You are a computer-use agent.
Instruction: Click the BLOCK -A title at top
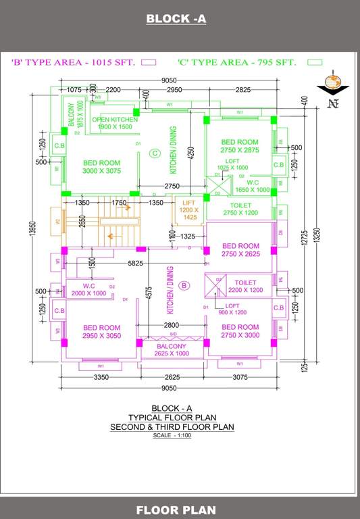coord(176,19)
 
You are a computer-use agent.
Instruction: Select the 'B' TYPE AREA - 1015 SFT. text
coord(74,62)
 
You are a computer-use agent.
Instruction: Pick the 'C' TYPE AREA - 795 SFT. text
coord(236,62)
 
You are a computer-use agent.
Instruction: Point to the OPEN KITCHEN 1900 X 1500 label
coord(115,123)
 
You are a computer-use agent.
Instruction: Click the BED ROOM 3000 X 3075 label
coord(101,167)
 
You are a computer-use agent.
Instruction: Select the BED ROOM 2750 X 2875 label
coord(240,146)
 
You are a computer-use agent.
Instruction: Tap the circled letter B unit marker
coord(182,286)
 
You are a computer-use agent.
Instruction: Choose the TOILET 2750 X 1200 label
coord(240,209)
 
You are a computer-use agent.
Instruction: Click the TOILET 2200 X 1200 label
coord(245,286)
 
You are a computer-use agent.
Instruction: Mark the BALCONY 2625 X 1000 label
coord(172,350)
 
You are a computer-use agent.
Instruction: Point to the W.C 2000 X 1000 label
coord(89,289)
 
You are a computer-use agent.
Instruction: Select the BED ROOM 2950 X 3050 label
coord(101,332)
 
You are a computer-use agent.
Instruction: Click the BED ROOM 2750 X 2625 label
coord(240,250)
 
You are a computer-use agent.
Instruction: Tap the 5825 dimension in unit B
coord(136,264)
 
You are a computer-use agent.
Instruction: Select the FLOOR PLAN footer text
coord(176,510)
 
